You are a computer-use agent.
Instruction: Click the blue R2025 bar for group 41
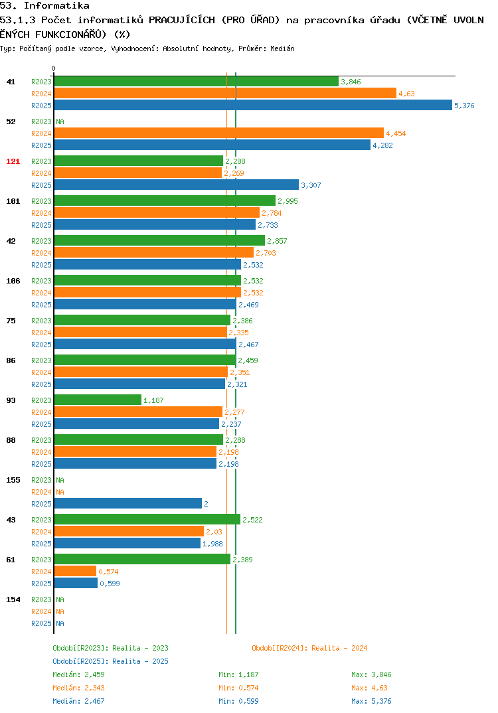pyautogui.click(x=253, y=105)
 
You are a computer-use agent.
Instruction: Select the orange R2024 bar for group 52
pyautogui.click(x=218, y=133)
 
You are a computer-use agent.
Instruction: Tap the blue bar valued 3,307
pyautogui.click(x=177, y=185)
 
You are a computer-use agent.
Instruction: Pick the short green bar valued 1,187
pyautogui.click(x=98, y=400)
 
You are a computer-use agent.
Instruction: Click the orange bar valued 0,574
pyautogui.click(x=75, y=571)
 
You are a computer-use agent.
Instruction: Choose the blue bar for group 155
pyautogui.click(x=127, y=503)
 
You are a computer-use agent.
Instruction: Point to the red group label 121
pyautogui.click(x=13, y=161)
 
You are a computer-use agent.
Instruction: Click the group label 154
pyautogui.click(x=13, y=599)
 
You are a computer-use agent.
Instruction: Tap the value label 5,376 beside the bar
pyautogui.click(x=464, y=106)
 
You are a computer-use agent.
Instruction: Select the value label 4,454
pyautogui.click(x=396, y=133)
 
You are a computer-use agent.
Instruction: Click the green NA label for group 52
pyautogui.click(x=60, y=121)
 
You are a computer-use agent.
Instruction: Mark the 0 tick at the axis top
pyautogui.click(x=54, y=68)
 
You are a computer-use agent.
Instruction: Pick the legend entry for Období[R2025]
pyautogui.click(x=110, y=661)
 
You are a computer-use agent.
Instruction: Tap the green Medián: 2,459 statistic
pyautogui.click(x=78, y=674)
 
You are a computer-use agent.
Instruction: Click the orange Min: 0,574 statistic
pyautogui.click(x=238, y=688)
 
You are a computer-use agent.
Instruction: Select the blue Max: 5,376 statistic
pyautogui.click(x=371, y=701)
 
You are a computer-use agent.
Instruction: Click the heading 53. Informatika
pyautogui.click(x=44, y=5)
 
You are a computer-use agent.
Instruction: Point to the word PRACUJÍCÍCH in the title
pyautogui.click(x=182, y=20)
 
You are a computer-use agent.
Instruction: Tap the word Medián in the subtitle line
pyautogui.click(x=282, y=48)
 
